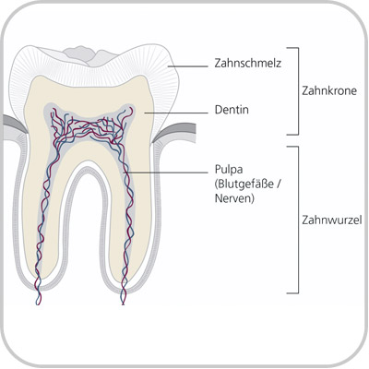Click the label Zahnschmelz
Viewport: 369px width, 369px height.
click(248, 64)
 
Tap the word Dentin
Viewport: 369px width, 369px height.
click(232, 110)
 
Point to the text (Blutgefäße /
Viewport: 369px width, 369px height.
click(248, 184)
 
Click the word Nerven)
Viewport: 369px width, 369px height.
click(234, 198)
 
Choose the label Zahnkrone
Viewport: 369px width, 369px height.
click(329, 91)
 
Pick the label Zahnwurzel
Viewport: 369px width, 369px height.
click(332, 220)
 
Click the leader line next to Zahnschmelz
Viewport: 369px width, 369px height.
click(187, 66)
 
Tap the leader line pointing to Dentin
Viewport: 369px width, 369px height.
click(176, 113)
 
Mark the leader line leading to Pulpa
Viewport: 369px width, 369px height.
click(165, 173)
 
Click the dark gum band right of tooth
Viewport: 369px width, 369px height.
click(175, 129)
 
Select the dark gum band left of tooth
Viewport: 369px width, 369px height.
click(14, 122)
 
